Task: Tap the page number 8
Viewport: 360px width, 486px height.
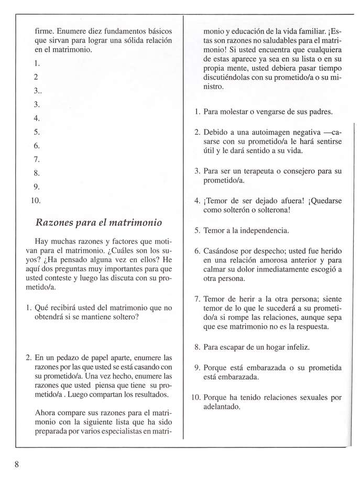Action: point(17,465)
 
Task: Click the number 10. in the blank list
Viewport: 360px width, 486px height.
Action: point(36,200)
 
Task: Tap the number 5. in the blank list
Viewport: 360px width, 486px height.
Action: point(36,132)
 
